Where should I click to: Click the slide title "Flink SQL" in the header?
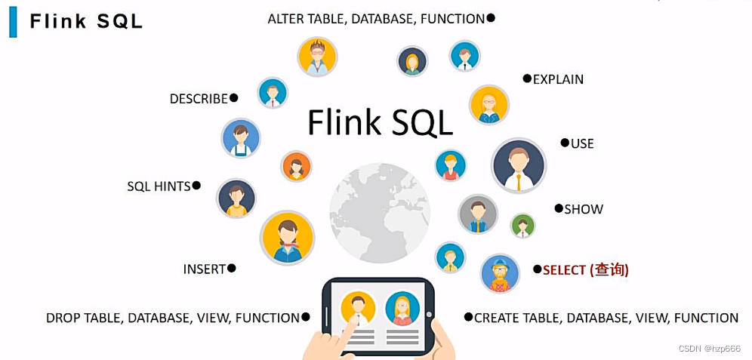click(x=86, y=21)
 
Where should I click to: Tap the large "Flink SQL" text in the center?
click(x=380, y=122)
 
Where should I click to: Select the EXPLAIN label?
click(x=558, y=79)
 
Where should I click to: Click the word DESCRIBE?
click(x=199, y=99)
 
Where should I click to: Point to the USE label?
click(x=582, y=143)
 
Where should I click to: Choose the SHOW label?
click(x=584, y=209)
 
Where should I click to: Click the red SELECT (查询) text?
click(x=586, y=269)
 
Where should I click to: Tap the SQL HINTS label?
click(x=159, y=186)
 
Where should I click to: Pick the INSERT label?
click(x=205, y=269)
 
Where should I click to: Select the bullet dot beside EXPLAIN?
click(x=527, y=78)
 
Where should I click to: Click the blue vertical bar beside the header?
click(x=13, y=21)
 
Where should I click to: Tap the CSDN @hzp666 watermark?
click(x=709, y=349)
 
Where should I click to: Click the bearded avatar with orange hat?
click(x=500, y=273)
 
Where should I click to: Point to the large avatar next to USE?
click(x=518, y=165)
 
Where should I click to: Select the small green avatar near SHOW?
click(x=522, y=225)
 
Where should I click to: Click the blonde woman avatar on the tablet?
click(x=402, y=308)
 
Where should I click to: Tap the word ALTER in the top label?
click(x=285, y=19)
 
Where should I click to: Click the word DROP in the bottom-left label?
click(x=63, y=318)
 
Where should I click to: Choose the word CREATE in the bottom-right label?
click(x=498, y=318)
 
